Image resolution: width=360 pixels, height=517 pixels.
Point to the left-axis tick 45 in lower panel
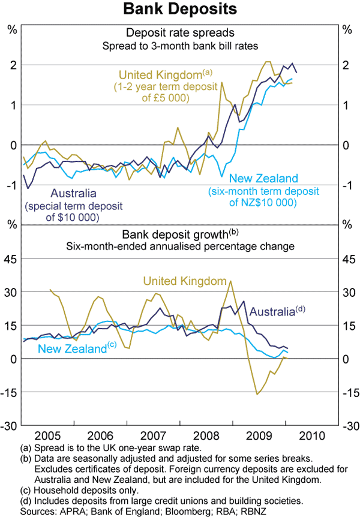click(11, 258)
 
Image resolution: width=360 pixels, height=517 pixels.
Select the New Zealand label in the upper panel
click(263, 179)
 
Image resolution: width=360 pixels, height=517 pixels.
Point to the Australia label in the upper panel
click(73, 193)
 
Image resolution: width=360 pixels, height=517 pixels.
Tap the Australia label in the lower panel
click(272, 312)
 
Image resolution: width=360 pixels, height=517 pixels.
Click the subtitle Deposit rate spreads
click(180, 32)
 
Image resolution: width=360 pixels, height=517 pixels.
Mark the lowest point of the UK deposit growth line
click(257, 394)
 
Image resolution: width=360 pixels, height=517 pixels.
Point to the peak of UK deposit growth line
click(231, 281)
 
